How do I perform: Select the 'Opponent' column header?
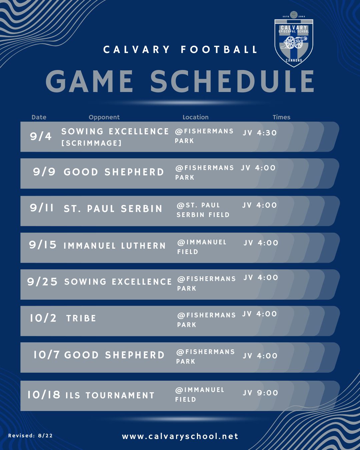tap(104, 117)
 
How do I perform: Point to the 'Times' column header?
tap(281, 117)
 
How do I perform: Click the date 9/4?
tap(41, 136)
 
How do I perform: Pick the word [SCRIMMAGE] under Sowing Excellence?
tap(91, 143)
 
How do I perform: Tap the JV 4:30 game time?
tap(260, 133)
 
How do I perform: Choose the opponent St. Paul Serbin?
tap(113, 208)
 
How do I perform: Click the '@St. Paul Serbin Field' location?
tap(203, 210)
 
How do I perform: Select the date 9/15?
tap(43, 244)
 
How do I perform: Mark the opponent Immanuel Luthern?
tap(115, 246)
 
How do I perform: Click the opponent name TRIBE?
tap(81, 318)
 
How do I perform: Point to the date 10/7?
tap(46, 355)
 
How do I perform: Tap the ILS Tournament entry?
tap(110, 395)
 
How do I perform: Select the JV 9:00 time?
tap(260, 393)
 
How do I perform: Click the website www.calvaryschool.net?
tap(180, 436)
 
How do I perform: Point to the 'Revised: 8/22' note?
tap(30, 436)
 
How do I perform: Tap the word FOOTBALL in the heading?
tap(219, 50)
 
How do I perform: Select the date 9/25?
tap(42, 281)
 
